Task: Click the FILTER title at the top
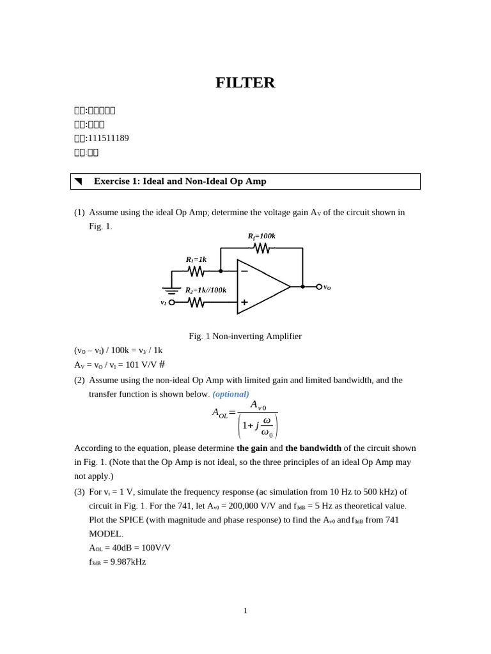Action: point(245,82)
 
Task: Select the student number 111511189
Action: point(108,138)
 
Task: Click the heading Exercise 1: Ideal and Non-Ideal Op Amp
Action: point(180,181)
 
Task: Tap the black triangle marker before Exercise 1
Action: point(78,181)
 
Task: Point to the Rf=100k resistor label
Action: point(261,236)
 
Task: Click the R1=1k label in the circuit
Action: point(196,259)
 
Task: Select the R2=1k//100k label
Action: point(205,290)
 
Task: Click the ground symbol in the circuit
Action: point(171,291)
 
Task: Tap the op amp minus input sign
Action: point(244,271)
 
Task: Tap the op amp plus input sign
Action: point(244,302)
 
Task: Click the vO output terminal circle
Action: point(319,287)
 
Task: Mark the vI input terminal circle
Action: point(171,302)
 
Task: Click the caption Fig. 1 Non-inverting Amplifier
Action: point(245,336)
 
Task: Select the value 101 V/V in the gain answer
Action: point(141,365)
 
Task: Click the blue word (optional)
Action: point(231,394)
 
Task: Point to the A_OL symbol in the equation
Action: point(219,413)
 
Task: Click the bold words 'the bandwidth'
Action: point(313,448)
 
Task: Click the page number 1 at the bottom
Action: point(245,611)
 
